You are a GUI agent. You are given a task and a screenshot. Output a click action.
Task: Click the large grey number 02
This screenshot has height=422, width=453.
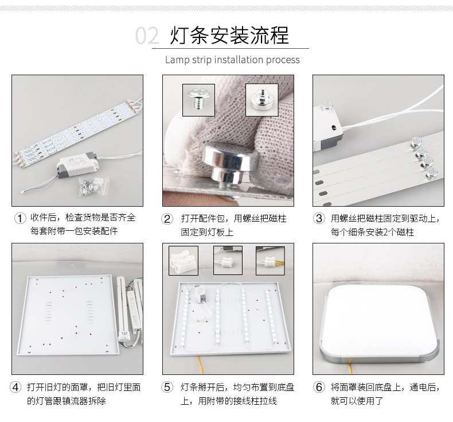coord(147,36)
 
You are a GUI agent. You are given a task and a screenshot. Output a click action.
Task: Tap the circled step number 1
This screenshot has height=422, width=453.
coord(20,218)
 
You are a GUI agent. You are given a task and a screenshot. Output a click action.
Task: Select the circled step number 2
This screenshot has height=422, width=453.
coord(167,219)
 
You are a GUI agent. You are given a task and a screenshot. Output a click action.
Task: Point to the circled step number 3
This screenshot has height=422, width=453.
coord(319,218)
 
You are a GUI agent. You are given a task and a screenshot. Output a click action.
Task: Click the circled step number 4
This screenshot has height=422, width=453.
coord(15,387)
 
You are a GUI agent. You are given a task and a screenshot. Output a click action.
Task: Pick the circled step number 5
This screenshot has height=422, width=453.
coord(167,387)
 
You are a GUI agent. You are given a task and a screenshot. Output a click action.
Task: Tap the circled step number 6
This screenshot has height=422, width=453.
coord(319,387)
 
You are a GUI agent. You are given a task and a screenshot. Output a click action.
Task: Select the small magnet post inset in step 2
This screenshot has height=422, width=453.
coord(261,100)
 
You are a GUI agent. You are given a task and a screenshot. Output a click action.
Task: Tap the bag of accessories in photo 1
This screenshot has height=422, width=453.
coord(94,186)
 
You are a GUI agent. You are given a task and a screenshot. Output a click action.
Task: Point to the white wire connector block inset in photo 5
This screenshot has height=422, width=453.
coord(183,261)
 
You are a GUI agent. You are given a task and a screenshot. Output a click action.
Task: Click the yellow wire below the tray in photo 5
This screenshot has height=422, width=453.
coord(201,365)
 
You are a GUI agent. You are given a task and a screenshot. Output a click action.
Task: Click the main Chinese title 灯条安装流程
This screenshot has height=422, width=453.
coord(229,35)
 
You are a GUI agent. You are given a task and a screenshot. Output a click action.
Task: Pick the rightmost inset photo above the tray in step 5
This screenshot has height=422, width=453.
coord(270,261)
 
